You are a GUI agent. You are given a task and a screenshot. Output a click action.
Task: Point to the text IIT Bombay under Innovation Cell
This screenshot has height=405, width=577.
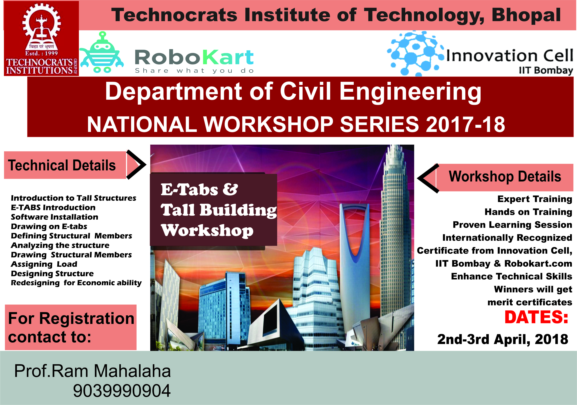(546, 70)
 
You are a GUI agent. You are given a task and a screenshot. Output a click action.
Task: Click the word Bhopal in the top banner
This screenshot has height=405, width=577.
(526, 15)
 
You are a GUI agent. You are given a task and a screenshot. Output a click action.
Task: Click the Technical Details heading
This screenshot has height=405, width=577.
(62, 165)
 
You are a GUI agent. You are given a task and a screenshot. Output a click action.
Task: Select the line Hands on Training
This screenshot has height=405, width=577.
(528, 212)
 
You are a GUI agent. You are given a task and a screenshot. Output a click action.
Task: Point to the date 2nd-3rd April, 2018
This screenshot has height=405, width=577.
(503, 339)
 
